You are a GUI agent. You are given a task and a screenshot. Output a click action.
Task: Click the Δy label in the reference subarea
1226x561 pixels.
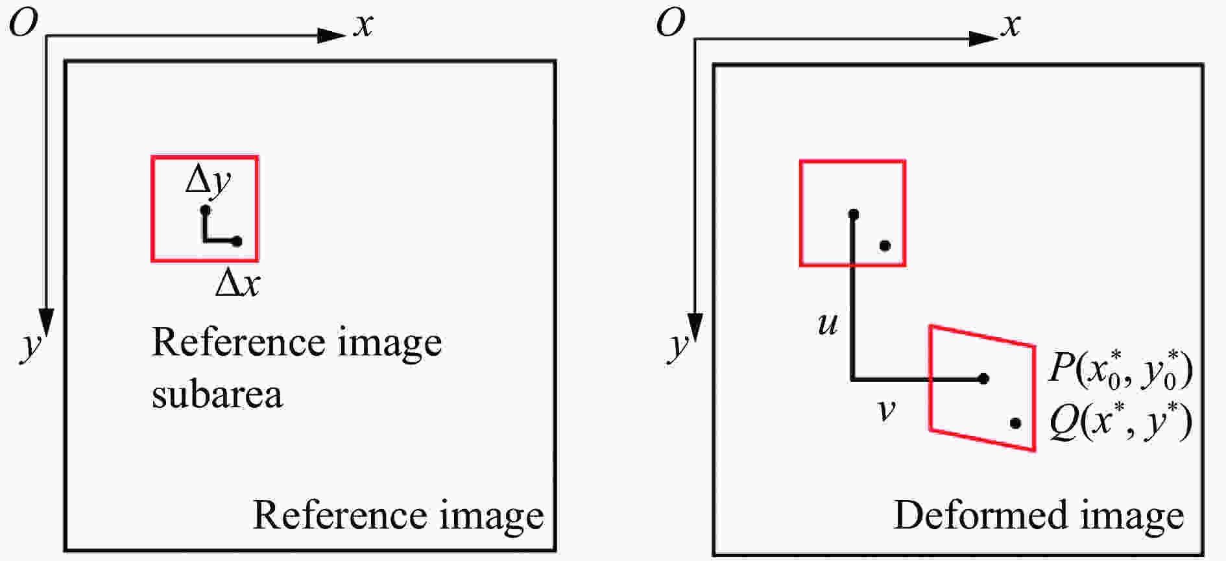[208, 181]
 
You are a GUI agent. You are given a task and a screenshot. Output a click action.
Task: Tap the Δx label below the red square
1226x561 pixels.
[237, 283]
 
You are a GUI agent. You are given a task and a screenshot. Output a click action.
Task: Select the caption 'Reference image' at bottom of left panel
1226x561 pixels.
[398, 517]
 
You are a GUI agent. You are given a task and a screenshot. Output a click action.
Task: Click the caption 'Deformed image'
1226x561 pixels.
[1039, 517]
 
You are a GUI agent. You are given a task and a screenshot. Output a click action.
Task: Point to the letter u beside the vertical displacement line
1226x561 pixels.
[828, 324]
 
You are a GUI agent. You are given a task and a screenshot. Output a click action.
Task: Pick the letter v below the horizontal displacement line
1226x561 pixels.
[886, 410]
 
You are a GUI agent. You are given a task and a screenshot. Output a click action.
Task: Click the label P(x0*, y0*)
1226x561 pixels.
[1121, 370]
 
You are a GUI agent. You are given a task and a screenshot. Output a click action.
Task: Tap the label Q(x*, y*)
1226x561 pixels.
[1121, 422]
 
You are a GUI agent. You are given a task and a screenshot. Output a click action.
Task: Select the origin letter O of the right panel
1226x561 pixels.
[671, 24]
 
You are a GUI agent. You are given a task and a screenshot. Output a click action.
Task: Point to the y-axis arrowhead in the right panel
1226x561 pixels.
[695, 328]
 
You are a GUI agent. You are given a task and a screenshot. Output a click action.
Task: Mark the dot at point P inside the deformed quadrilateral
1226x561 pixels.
[983, 378]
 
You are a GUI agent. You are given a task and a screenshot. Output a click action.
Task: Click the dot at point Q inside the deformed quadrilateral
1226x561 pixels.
[1016, 424]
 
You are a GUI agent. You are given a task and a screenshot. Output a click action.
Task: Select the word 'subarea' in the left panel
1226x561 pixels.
[217, 394]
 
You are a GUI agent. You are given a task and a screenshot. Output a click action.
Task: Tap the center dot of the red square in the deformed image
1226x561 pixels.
[854, 214]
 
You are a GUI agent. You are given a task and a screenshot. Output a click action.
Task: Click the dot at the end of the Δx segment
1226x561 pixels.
[237, 241]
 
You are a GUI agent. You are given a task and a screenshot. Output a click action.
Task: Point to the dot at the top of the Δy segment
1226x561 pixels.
[205, 209]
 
